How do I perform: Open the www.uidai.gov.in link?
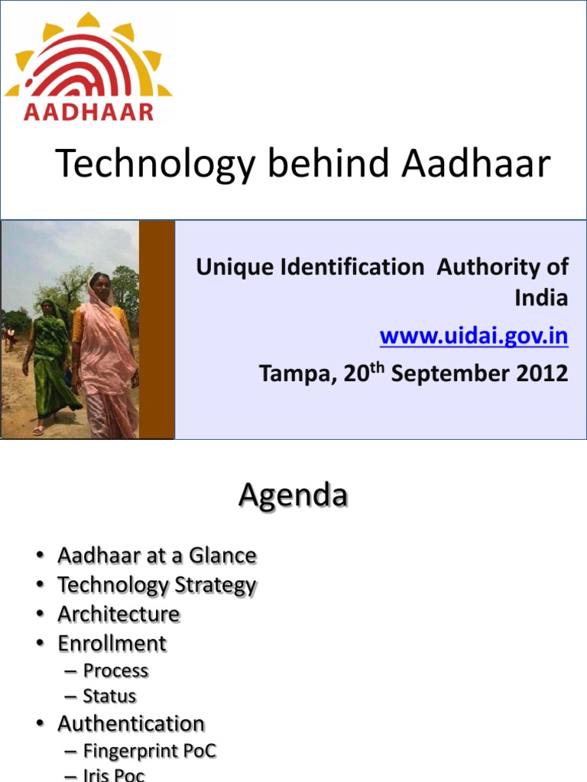tap(474, 336)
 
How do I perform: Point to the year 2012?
tap(541, 373)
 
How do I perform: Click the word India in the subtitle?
tap(541, 298)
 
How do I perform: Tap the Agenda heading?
tap(293, 496)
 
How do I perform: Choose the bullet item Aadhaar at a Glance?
tap(157, 556)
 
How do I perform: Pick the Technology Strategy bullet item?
tap(157, 586)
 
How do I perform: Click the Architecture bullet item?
tap(118, 614)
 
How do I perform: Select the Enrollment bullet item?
tap(112, 644)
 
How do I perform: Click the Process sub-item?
tap(115, 671)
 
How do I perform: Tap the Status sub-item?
tap(109, 696)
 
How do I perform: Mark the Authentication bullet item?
tap(131, 723)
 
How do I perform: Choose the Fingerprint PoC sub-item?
tap(150, 751)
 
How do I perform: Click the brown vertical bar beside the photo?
tap(157, 329)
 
